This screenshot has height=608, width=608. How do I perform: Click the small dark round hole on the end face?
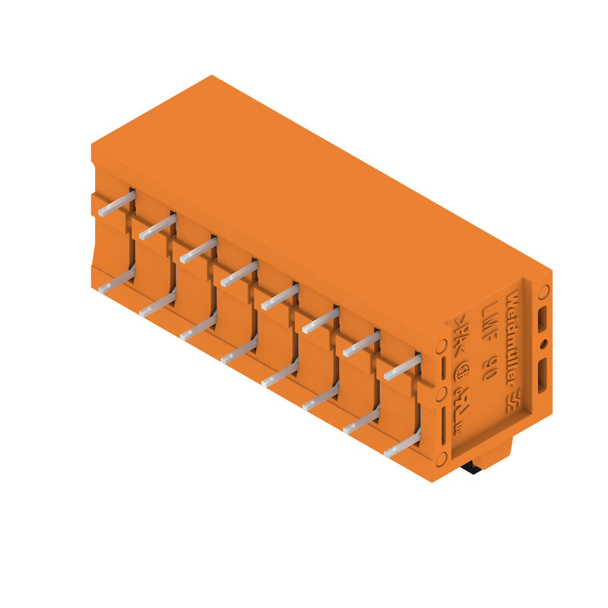pyautogui.click(x=543, y=344)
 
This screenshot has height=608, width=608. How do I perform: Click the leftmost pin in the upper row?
pyautogui.click(x=117, y=203)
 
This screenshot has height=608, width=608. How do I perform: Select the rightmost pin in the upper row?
pyautogui.click(x=402, y=367)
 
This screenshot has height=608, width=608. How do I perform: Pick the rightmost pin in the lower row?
pyautogui.click(x=402, y=443)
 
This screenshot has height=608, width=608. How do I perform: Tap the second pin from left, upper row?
pyautogui.click(x=157, y=226)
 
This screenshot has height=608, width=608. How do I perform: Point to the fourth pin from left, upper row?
pyautogui.click(x=239, y=274)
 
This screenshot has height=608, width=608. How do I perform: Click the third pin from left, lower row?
pyautogui.click(x=198, y=327)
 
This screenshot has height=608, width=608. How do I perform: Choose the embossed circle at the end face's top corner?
pyautogui.click(x=543, y=291)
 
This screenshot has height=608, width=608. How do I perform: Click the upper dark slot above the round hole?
pyautogui.click(x=542, y=318)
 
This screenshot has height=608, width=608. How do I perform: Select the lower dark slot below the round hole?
pyautogui.click(x=543, y=375)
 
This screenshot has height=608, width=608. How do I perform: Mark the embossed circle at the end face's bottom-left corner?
pyautogui.click(x=441, y=458)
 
